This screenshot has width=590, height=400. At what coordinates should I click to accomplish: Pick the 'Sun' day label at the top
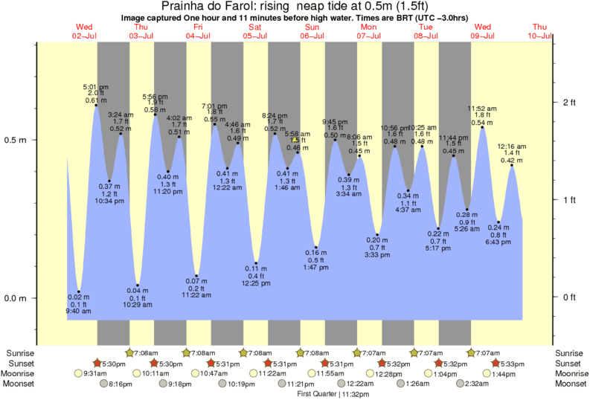tap(312, 27)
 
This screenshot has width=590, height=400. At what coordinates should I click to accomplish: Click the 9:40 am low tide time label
tap(78, 312)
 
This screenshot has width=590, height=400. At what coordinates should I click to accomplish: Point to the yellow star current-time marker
tap(295, 139)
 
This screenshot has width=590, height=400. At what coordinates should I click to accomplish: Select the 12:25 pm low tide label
tap(256, 283)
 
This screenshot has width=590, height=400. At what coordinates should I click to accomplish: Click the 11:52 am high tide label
tap(482, 109)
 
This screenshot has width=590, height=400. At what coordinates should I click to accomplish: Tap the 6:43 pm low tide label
tap(498, 242)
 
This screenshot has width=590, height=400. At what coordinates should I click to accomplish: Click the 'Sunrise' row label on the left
tap(20, 352)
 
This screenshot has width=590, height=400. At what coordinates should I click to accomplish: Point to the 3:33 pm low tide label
tap(377, 255)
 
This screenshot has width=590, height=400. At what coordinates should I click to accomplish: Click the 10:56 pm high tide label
tap(394, 127)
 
